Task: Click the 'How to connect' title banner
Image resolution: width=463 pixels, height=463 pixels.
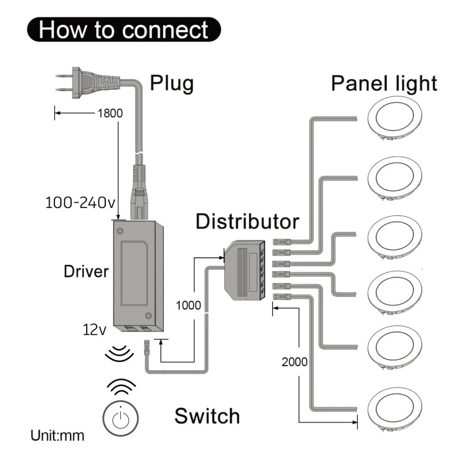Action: click(124, 30)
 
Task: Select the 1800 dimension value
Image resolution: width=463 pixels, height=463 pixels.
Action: click(110, 113)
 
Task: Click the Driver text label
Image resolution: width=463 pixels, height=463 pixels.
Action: click(86, 271)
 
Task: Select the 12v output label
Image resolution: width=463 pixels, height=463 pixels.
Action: click(95, 330)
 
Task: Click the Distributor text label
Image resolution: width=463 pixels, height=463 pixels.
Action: click(247, 222)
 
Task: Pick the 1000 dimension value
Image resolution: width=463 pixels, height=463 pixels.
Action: click(188, 306)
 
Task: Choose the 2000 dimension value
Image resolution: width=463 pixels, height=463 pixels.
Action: click(294, 362)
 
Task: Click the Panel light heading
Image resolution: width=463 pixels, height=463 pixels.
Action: click(384, 84)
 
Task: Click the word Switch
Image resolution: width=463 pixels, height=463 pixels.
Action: click(207, 415)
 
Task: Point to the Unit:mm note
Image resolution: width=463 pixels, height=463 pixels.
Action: click(57, 436)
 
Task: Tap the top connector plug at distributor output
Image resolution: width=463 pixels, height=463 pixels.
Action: click(282, 241)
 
